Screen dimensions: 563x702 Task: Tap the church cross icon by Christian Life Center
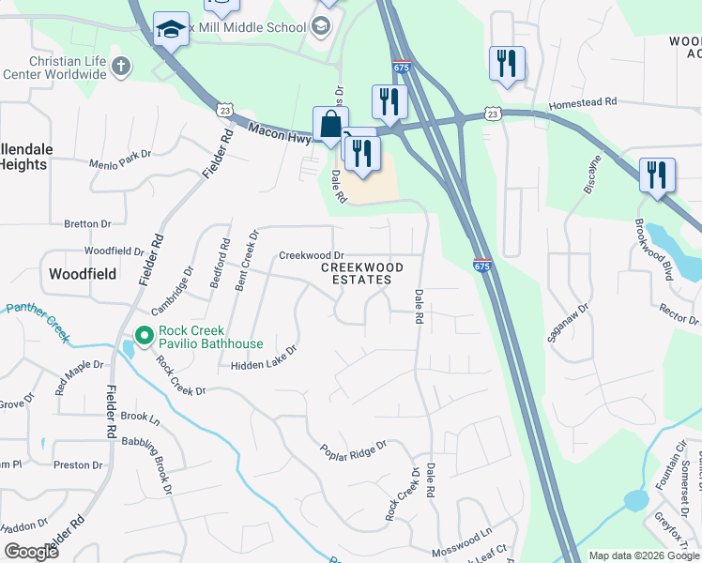click(120, 66)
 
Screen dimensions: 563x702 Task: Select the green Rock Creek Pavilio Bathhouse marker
click(144, 335)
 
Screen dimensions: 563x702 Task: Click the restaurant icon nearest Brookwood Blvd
click(657, 175)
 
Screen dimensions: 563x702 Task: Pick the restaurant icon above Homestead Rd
click(507, 63)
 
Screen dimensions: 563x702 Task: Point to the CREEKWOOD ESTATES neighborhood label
click(362, 273)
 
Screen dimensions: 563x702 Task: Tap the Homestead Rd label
click(583, 102)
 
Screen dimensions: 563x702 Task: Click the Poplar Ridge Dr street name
click(353, 449)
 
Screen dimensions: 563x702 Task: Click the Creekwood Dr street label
click(312, 255)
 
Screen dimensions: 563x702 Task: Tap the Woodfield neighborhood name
click(83, 274)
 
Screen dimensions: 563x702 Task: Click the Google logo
click(31, 552)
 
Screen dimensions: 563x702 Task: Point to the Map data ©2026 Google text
click(643, 555)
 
